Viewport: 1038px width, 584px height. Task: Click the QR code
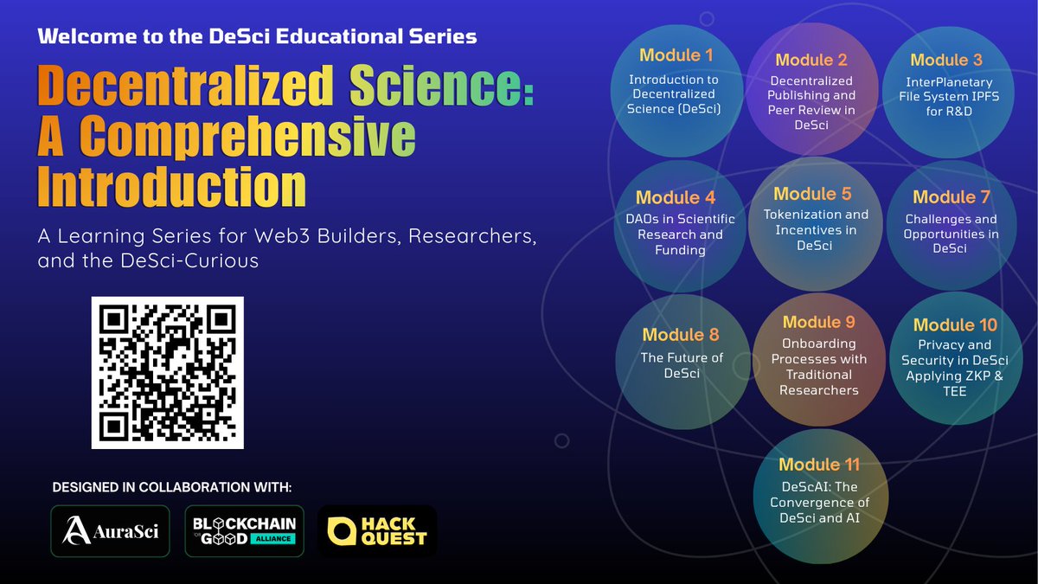pyautogui.click(x=168, y=372)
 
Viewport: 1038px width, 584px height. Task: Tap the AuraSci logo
pyautogui.click(x=110, y=531)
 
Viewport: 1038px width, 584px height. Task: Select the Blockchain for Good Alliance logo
pyautogui.click(x=245, y=531)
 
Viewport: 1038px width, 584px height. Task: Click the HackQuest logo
pyautogui.click(x=377, y=531)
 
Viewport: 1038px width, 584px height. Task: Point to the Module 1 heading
pyautogui.click(x=676, y=55)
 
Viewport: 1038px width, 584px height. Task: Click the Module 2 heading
pyautogui.click(x=811, y=60)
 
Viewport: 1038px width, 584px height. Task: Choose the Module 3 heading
pyautogui.click(x=946, y=60)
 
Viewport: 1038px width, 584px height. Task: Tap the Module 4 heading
pyautogui.click(x=676, y=198)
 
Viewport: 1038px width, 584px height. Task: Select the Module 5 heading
pyautogui.click(x=812, y=194)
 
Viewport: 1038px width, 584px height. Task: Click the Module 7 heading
pyautogui.click(x=951, y=197)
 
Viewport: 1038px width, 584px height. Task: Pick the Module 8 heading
pyautogui.click(x=681, y=335)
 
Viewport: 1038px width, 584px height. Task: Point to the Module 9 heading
pyautogui.click(x=818, y=322)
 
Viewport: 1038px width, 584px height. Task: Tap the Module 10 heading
pyautogui.click(x=955, y=324)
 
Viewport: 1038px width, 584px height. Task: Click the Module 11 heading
pyautogui.click(x=818, y=465)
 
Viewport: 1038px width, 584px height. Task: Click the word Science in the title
pyautogui.click(x=441, y=89)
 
